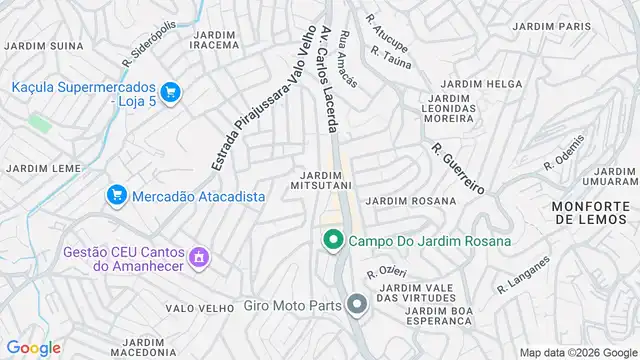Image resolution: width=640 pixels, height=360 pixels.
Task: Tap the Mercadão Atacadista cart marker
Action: point(117,196)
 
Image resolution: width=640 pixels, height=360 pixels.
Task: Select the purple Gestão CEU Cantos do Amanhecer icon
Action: point(198,259)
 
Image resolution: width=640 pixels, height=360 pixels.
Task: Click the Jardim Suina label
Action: point(43,45)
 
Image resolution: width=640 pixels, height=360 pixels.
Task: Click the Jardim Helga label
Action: point(468,83)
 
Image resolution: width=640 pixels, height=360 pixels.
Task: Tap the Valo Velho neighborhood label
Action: point(199,308)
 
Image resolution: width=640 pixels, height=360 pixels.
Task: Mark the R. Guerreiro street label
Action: point(459,168)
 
